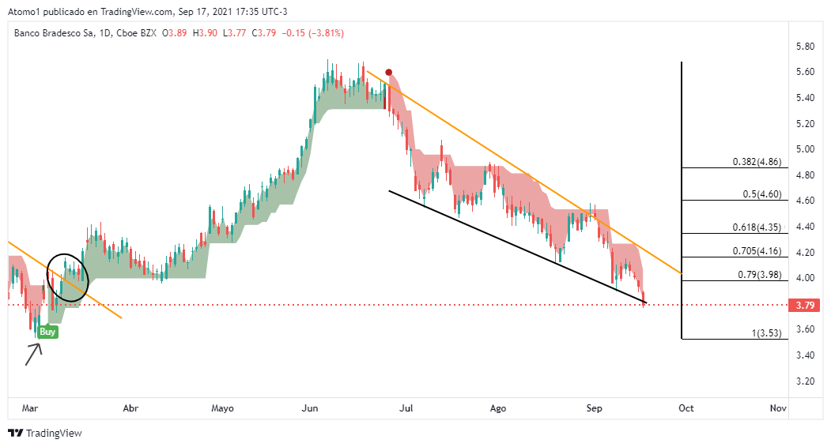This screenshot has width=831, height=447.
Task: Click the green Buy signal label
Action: pyautogui.click(x=47, y=332)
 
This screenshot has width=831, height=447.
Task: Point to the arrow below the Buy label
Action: pyautogui.click(x=32, y=354)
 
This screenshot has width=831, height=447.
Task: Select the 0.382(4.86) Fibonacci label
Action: pyautogui.click(x=757, y=162)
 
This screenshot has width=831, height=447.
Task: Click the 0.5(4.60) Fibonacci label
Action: pyautogui.click(x=762, y=194)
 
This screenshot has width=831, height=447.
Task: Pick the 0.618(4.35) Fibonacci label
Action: pyautogui.click(x=757, y=227)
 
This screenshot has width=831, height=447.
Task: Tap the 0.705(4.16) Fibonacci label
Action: pyautogui.click(x=757, y=252)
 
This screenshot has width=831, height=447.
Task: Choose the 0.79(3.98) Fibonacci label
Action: pyautogui.click(x=759, y=275)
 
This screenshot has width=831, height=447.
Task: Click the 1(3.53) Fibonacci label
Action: pyautogui.click(x=765, y=333)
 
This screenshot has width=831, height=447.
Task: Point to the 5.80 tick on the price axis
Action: pyautogui.click(x=805, y=47)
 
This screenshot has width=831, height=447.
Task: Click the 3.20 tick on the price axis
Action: pyautogui.click(x=805, y=381)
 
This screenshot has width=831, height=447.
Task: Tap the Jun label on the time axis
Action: pyautogui.click(x=310, y=408)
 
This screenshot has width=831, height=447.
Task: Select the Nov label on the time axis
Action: pyautogui.click(x=778, y=408)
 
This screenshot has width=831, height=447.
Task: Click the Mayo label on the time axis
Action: pyautogui.click(x=223, y=408)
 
